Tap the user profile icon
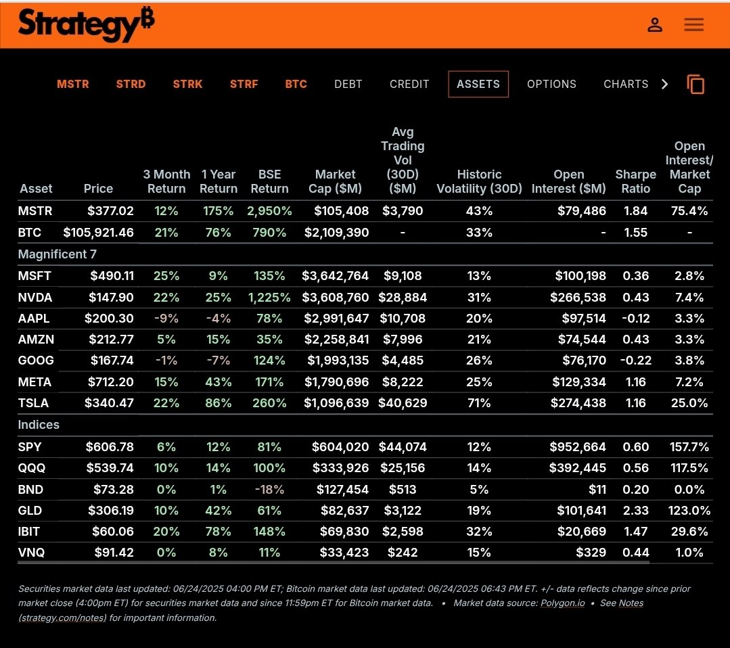(x=654, y=25)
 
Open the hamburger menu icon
(x=693, y=25)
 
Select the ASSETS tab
(x=478, y=85)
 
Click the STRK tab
(x=187, y=85)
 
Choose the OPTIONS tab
(x=551, y=85)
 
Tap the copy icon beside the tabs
(x=695, y=85)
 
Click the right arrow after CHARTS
(x=664, y=85)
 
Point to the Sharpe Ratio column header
(x=635, y=181)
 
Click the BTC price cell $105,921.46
(x=98, y=233)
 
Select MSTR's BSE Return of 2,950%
(x=269, y=211)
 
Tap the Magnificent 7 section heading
(x=57, y=254)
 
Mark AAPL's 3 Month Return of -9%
(x=166, y=319)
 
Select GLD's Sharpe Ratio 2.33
(x=635, y=511)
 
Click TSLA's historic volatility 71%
(x=479, y=403)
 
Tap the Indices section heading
(x=39, y=425)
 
